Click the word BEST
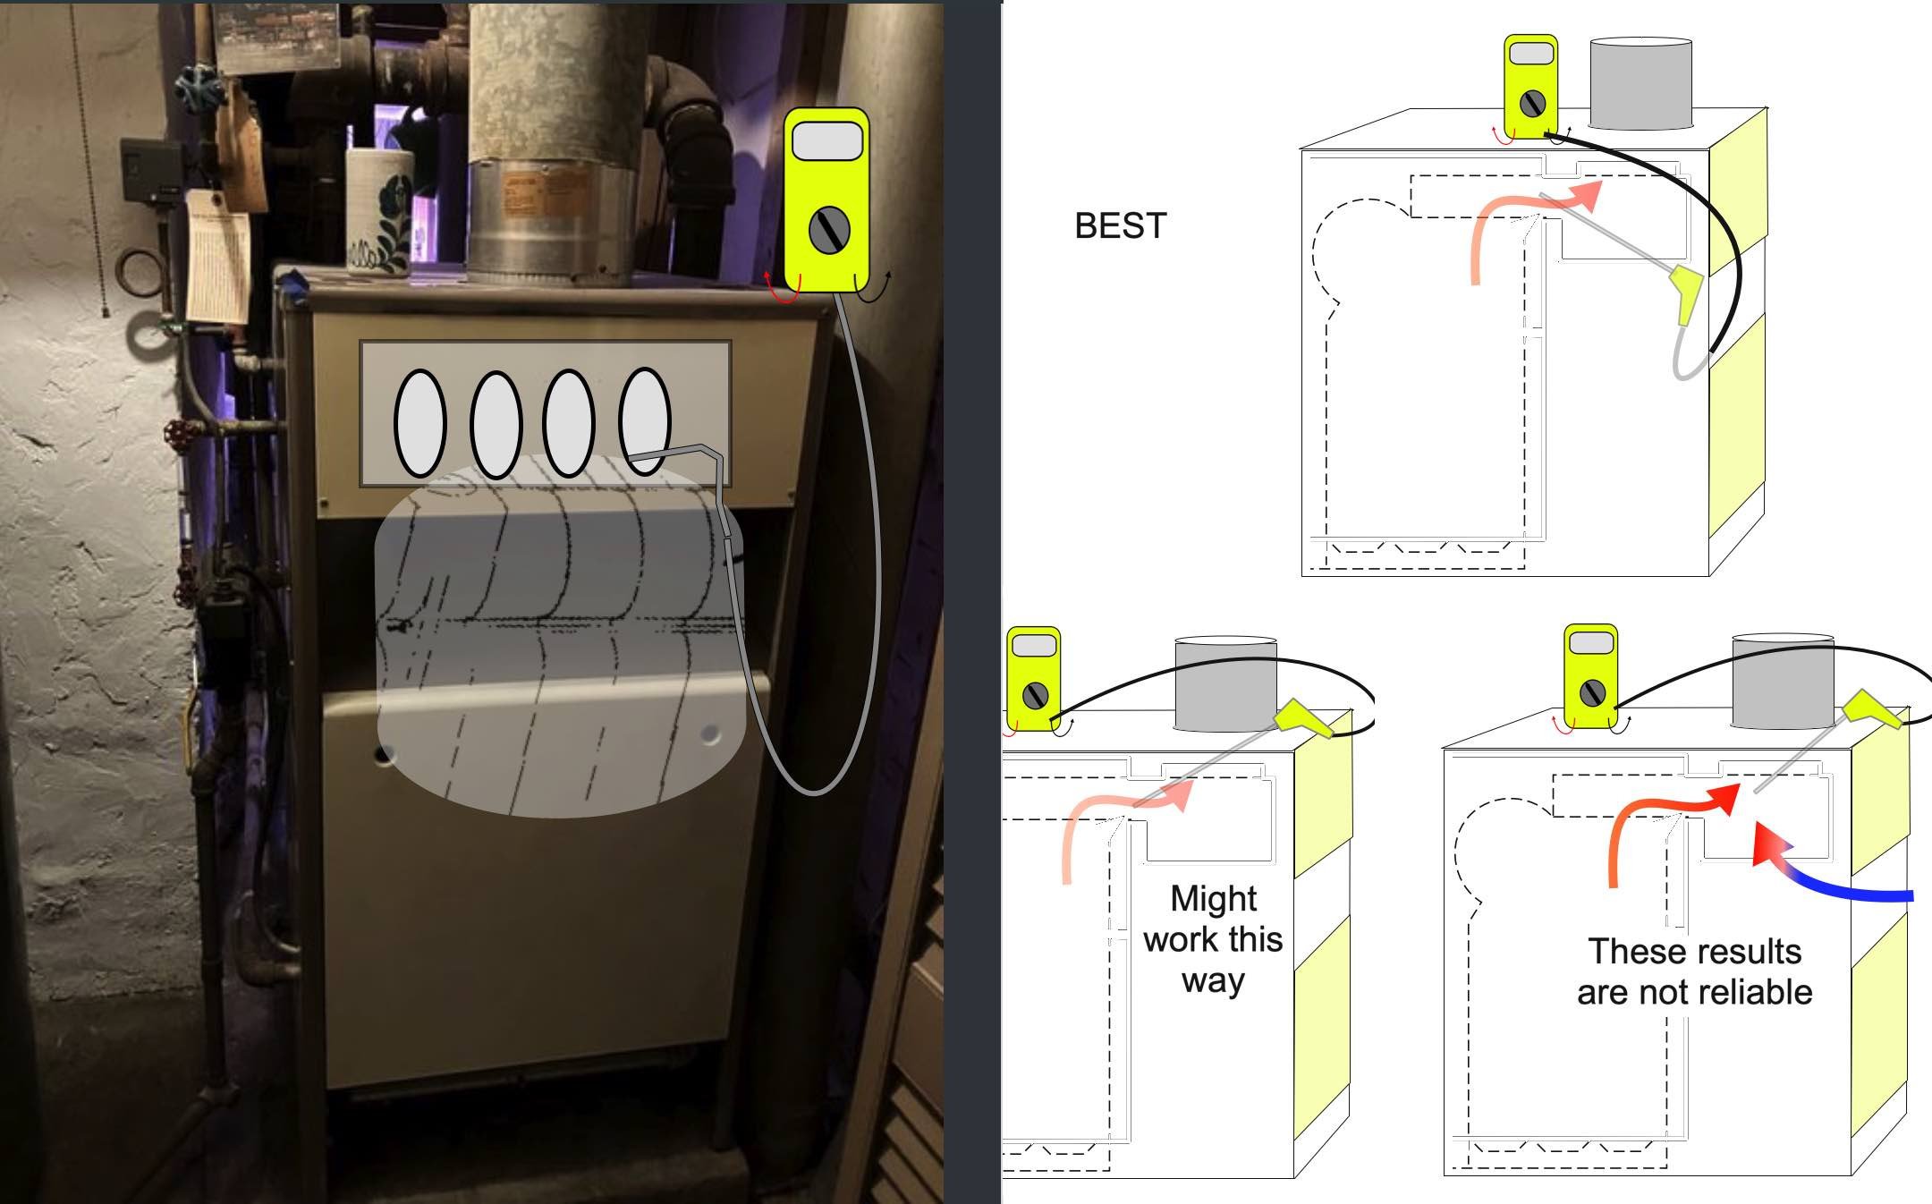coord(1120,226)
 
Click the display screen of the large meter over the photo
coord(827,141)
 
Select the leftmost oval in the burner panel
coord(419,423)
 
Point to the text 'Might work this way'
coord(1213,939)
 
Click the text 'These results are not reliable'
coord(1694,971)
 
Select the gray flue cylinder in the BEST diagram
coord(1640,83)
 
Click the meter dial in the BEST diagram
coord(1532,103)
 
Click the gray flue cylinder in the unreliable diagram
coord(1783,682)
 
